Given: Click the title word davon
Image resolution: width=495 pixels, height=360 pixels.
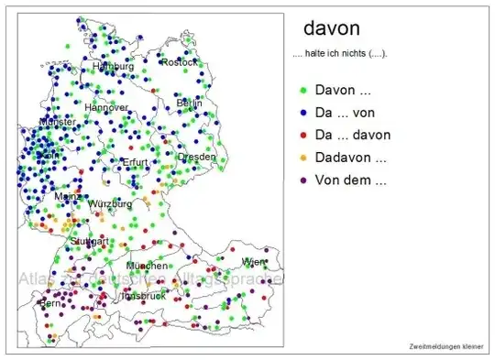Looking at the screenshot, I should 330,27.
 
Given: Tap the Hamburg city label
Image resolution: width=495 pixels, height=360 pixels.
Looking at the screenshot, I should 113,67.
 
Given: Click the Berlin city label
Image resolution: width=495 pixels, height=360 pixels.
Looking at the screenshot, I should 189,103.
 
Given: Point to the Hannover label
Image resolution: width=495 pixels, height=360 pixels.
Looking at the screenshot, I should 105,107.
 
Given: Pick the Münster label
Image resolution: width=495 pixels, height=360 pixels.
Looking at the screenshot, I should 57,122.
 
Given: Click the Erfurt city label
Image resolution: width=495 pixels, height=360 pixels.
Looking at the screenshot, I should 134,162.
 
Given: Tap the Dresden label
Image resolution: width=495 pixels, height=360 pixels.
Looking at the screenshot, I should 196,157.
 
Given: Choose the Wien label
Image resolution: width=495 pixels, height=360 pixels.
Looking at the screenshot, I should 252,262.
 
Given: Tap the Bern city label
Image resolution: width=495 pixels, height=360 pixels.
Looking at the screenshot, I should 48,301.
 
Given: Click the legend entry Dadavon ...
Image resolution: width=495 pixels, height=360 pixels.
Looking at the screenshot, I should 349,158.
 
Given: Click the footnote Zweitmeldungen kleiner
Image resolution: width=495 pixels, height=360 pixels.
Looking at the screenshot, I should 446,346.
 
